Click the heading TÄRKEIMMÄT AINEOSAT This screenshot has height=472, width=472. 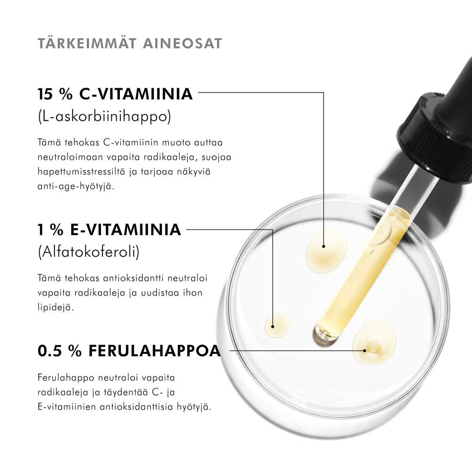click(129, 43)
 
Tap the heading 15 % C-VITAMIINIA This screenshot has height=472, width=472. click(115, 93)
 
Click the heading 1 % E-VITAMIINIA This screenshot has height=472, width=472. click(110, 229)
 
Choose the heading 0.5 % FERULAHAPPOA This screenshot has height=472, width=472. click(129, 351)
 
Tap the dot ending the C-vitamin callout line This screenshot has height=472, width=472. click(324, 246)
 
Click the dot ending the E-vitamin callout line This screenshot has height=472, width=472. click(273, 326)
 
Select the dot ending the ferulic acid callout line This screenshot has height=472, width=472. click(365, 351)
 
